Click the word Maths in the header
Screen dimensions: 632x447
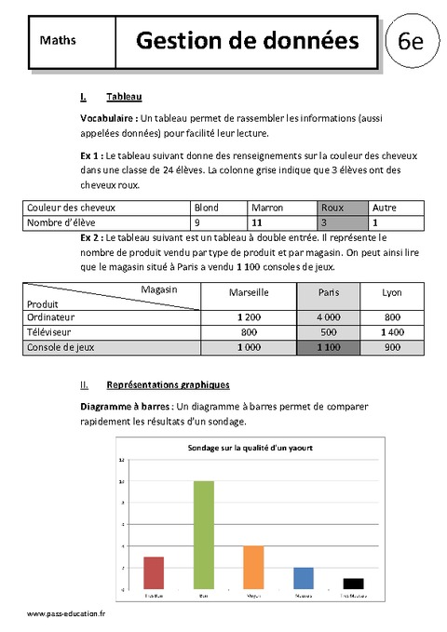click(59, 41)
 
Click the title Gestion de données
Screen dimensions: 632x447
click(247, 40)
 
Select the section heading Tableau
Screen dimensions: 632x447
click(124, 97)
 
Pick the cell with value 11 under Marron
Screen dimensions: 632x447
click(261, 223)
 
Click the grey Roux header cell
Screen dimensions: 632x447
click(332, 208)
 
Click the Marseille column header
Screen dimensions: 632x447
click(249, 292)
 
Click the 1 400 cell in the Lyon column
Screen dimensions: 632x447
click(392, 331)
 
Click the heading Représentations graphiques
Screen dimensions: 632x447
click(168, 383)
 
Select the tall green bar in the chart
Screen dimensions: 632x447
click(203, 535)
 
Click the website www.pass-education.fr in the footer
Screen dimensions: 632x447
click(66, 616)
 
